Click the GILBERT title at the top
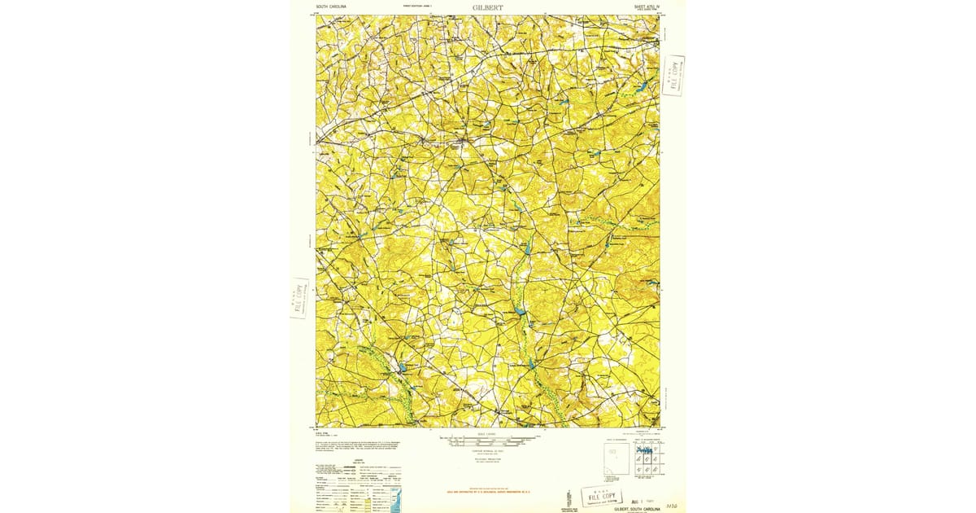point(487,7)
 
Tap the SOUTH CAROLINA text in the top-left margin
point(331,7)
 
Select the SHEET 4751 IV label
point(643,7)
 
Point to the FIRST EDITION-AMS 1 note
point(417,7)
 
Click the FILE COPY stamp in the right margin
point(673,76)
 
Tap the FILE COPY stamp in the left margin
point(299,298)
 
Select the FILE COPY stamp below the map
point(602,497)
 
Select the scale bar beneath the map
point(487,441)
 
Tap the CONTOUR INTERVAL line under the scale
point(487,450)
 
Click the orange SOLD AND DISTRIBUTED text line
point(487,492)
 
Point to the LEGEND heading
point(359,459)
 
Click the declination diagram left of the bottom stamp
point(567,496)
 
